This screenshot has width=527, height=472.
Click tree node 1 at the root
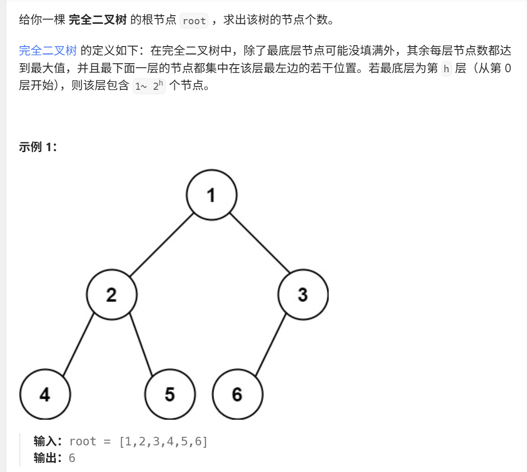[211, 195]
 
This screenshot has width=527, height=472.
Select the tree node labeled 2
[112, 295]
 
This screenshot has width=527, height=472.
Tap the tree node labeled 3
[303, 295]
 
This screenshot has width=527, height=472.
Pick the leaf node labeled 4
[45, 394]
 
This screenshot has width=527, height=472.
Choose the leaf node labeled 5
[170, 394]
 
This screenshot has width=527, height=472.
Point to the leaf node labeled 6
[237, 394]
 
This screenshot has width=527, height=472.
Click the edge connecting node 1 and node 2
[162, 245]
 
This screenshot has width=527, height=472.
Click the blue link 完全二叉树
[48, 50]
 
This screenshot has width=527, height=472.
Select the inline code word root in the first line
[194, 21]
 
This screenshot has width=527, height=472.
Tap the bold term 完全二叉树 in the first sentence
[98, 20]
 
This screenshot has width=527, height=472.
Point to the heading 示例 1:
[38, 147]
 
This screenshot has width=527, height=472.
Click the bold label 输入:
[49, 441]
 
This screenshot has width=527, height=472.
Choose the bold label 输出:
[49, 458]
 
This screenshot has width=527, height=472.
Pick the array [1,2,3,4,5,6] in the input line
[163, 441]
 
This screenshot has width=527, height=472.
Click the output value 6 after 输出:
[72, 458]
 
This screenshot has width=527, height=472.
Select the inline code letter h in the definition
[446, 69]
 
